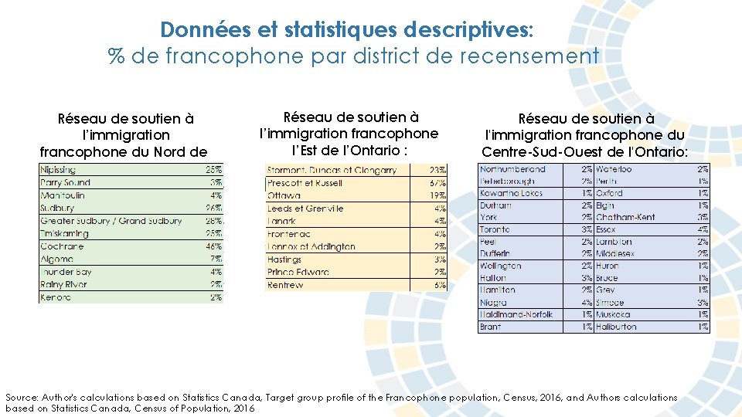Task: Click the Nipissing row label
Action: [58, 170]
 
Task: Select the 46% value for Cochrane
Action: [213, 246]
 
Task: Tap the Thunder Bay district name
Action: [66, 272]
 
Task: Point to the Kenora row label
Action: [56, 297]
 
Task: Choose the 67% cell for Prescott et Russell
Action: [437, 183]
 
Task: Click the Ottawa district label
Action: [284, 195]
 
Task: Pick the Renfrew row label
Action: [285, 285]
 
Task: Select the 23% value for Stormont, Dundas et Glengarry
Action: [437, 170]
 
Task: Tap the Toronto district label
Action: [495, 229]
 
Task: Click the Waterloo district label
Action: [614, 169]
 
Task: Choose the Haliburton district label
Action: [617, 327]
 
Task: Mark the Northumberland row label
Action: [512, 169]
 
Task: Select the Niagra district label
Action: [493, 303]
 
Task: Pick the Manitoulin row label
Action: [63, 195]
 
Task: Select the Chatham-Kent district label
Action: [625, 218]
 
